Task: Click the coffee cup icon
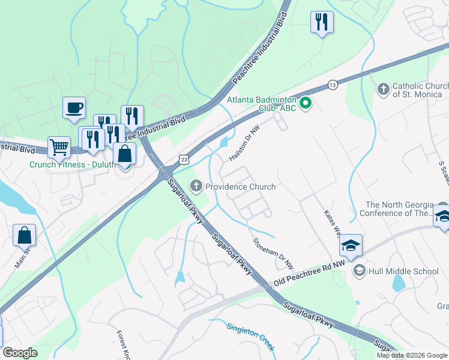point(74,108)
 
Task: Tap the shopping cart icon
point(59,146)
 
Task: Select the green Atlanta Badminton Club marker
point(306,104)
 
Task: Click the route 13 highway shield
point(332,85)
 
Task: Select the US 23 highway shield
point(184,158)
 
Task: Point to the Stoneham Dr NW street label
point(274,253)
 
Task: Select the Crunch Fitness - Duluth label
point(72,164)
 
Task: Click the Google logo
point(20,353)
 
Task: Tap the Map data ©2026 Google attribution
point(411,355)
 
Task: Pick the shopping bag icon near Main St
point(25,236)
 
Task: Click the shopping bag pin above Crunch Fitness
point(124,154)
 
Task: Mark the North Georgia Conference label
point(396,209)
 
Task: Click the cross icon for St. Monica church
point(383,90)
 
